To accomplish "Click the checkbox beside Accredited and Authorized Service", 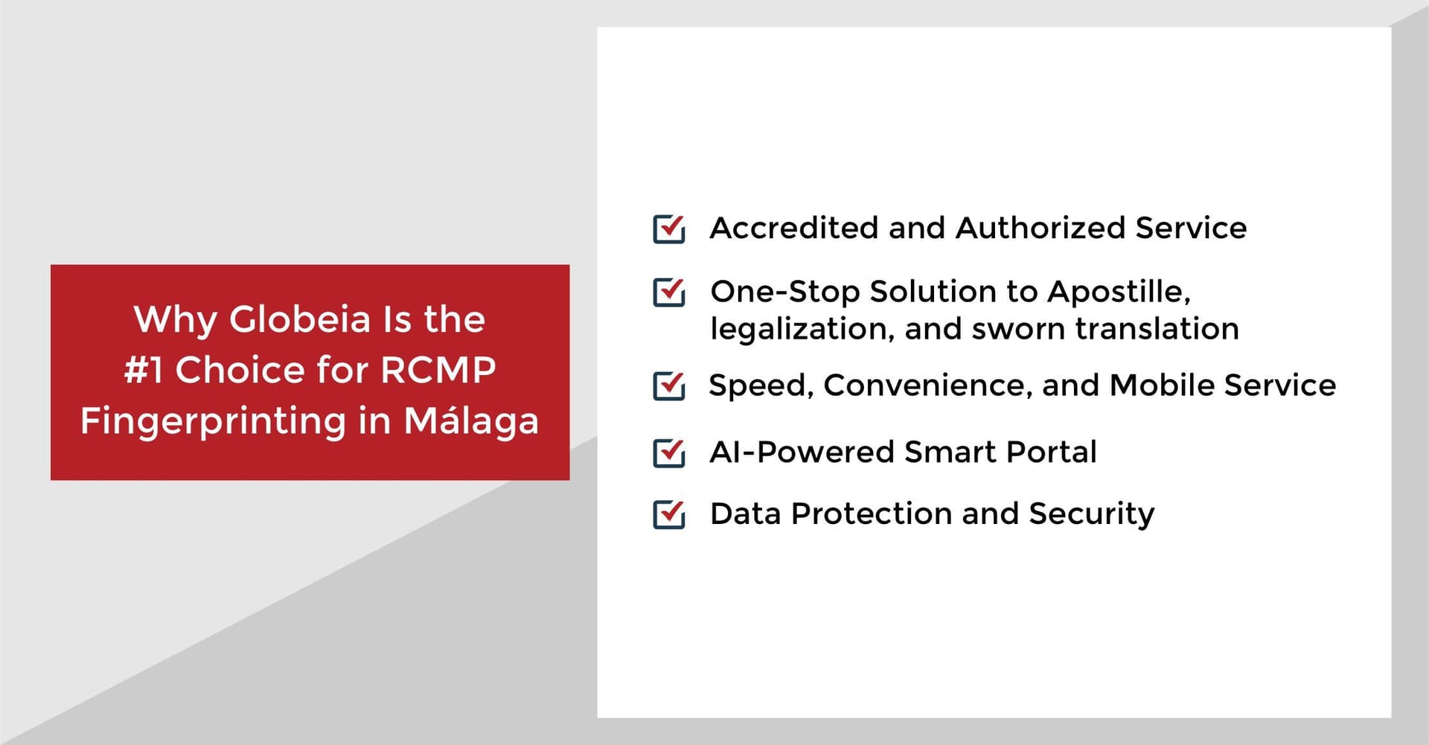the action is pyautogui.click(x=668, y=228).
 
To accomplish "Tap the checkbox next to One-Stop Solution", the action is pyautogui.click(x=668, y=292).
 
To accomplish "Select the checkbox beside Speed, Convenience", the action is pyautogui.click(x=668, y=386).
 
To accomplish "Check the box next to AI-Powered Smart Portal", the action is pyautogui.click(x=668, y=453).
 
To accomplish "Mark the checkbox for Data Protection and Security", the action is pyautogui.click(x=668, y=514).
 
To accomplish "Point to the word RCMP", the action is pyautogui.click(x=438, y=370).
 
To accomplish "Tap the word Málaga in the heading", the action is pyautogui.click(x=471, y=421).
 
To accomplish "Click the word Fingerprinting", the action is pyautogui.click(x=214, y=422).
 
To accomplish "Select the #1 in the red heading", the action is pyautogui.click(x=143, y=370).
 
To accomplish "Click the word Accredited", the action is pyautogui.click(x=794, y=228).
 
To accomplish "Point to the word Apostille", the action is pyautogui.click(x=1119, y=292).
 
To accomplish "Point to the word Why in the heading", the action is pyautogui.click(x=176, y=321).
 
